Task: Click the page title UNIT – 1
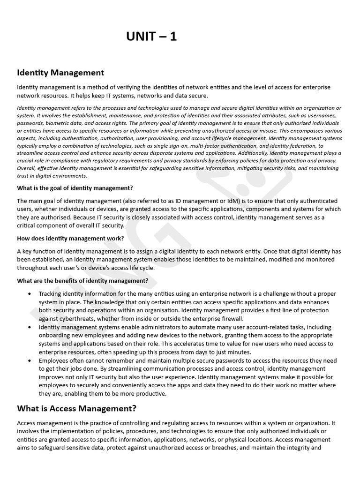tap(151, 37)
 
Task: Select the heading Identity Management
tap(60, 73)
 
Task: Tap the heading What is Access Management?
tap(77, 408)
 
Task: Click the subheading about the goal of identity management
tap(75, 188)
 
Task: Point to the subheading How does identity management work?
tap(70, 238)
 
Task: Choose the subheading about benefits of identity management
tap(82, 281)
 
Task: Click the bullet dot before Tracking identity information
tap(30, 294)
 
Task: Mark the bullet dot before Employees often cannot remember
tap(30, 361)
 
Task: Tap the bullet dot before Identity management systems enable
tap(30, 327)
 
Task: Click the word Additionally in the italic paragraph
tap(253, 153)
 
